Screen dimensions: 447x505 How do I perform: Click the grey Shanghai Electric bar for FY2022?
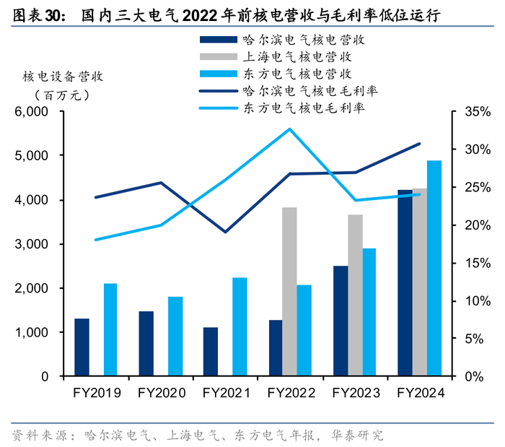[289, 292]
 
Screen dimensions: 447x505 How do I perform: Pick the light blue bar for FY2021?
[240, 326]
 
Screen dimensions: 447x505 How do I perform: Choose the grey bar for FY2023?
[355, 295]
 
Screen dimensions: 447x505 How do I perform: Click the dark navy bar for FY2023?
[341, 321]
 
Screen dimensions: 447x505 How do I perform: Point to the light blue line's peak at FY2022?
[290, 129]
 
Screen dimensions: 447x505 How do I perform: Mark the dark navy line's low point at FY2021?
[225, 232]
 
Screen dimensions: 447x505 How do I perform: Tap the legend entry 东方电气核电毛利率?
[302, 108]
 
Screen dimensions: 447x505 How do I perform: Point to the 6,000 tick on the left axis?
[32, 112]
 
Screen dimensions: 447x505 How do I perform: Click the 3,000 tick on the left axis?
[32, 244]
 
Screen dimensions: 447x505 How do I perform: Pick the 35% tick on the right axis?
[476, 112]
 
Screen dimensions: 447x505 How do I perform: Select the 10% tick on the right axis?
[476, 301]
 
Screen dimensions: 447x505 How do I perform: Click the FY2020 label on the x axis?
[160, 393]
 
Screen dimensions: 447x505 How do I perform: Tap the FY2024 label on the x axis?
[421, 393]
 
